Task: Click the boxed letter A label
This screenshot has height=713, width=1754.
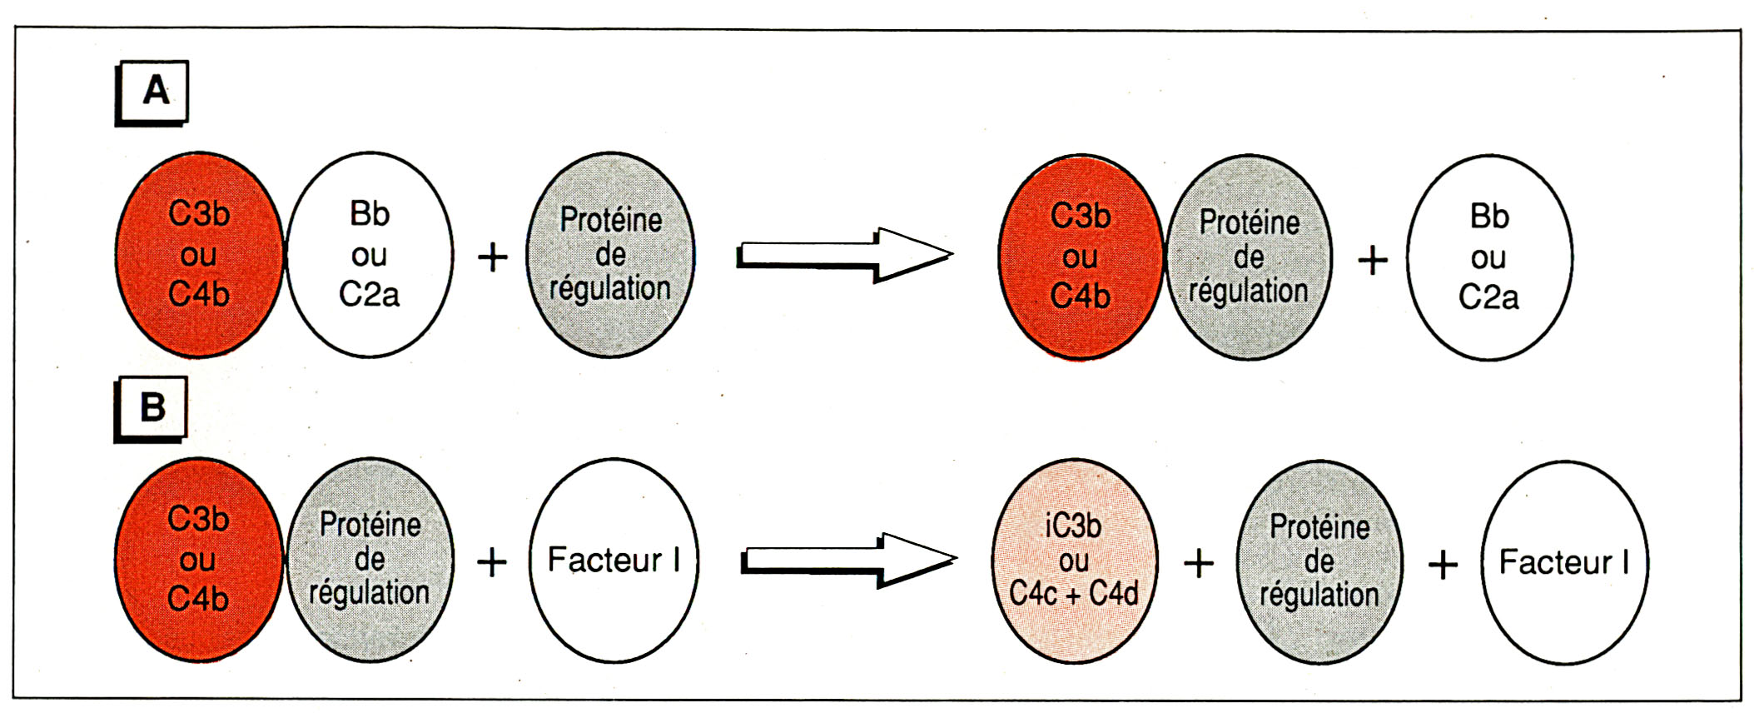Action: [152, 91]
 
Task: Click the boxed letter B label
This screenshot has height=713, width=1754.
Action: [151, 407]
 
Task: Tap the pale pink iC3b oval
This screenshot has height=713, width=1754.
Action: [1073, 561]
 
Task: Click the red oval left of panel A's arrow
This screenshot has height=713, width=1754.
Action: [199, 255]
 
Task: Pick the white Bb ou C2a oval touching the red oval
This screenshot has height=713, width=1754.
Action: [369, 255]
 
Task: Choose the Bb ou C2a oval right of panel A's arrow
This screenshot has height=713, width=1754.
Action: [1488, 257]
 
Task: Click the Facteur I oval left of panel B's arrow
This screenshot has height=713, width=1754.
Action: [614, 561]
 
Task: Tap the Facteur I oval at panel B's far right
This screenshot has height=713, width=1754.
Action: [1564, 562]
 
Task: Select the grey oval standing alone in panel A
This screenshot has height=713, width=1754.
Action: [610, 255]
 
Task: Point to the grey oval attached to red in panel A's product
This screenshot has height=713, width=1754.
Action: [1248, 257]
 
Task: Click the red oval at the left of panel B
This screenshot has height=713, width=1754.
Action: [198, 560]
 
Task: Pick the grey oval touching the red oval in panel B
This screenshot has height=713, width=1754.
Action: [370, 560]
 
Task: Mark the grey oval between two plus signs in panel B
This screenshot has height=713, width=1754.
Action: [1319, 562]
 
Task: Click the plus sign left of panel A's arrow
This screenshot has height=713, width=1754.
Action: [492, 257]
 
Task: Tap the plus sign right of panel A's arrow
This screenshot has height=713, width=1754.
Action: [1373, 261]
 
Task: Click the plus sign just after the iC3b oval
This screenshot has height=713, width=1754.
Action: [1198, 564]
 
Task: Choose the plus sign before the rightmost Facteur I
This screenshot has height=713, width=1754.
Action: [1443, 566]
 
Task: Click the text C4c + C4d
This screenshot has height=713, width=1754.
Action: [1073, 594]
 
